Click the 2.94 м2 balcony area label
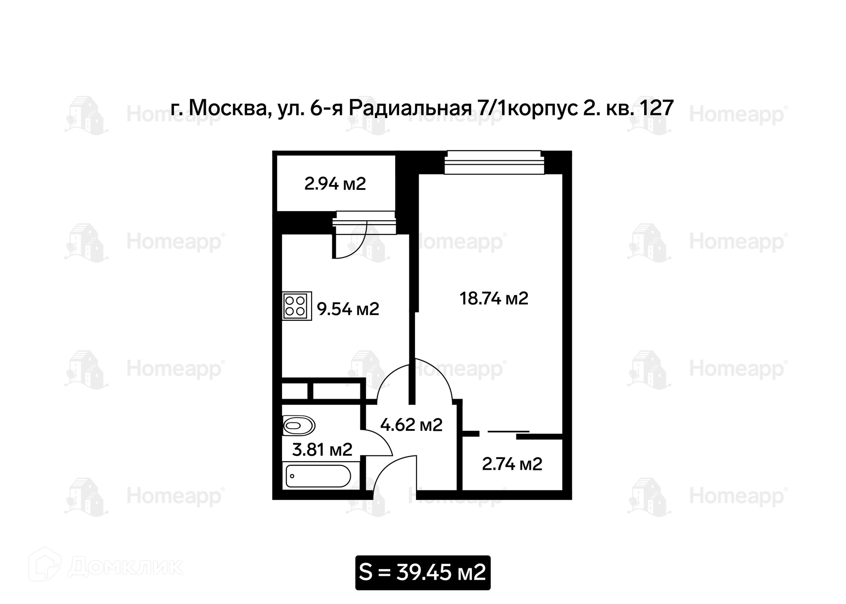(335, 184)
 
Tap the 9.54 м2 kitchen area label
(348, 309)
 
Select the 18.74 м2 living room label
(494, 298)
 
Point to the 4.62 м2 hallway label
(411, 425)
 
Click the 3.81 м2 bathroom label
(322, 450)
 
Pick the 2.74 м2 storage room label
(512, 464)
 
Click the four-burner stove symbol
(297, 306)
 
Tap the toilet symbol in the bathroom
(299, 426)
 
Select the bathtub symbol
(318, 476)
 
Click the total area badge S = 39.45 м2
(423, 573)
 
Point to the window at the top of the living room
(494, 163)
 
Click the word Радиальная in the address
(410, 108)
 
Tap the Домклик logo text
(126, 567)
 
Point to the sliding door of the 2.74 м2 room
(508, 431)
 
